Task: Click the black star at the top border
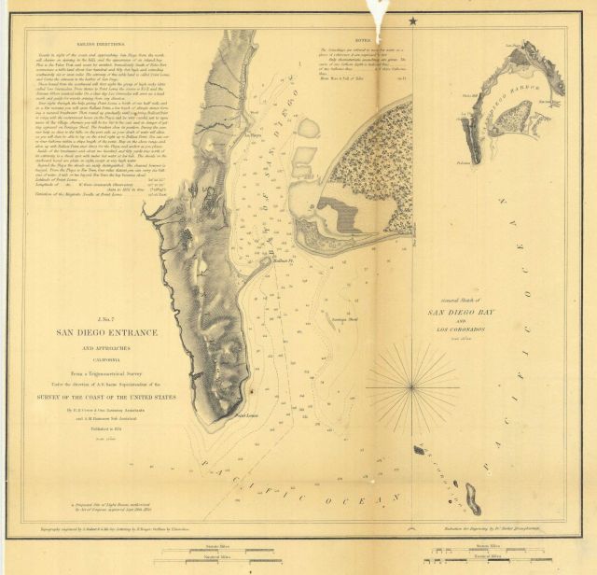(x=412, y=20)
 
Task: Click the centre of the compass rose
(x=411, y=383)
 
